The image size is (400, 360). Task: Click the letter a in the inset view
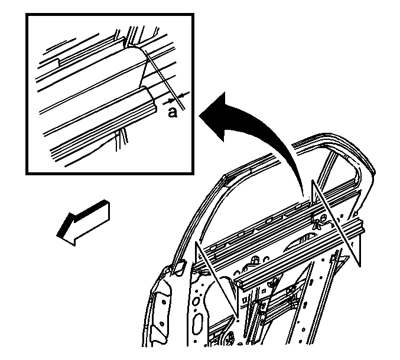[x=173, y=113]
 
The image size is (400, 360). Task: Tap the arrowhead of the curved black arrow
[x=214, y=117]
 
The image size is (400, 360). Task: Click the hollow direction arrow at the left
[x=83, y=223]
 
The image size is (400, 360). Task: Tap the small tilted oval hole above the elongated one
[x=196, y=300]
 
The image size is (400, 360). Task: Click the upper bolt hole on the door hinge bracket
[x=164, y=302]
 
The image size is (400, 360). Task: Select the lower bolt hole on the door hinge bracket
[x=162, y=324]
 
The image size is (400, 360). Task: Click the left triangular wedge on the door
[x=217, y=280]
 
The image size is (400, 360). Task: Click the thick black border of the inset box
[x=110, y=15]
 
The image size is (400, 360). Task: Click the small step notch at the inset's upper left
[x=59, y=62]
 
